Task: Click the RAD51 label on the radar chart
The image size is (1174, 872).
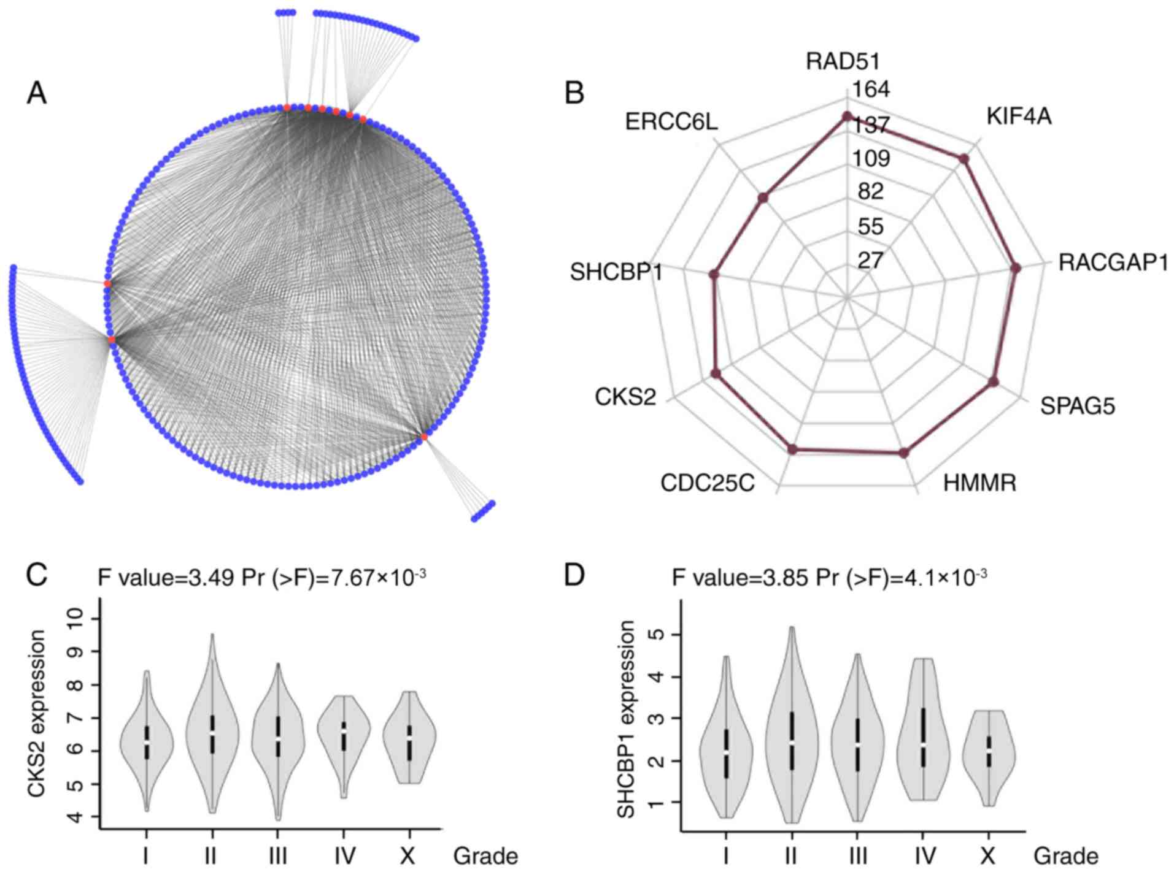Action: coord(843,61)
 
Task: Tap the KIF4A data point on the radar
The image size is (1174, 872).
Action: coord(964,159)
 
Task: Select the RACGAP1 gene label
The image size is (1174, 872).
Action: coord(1113,262)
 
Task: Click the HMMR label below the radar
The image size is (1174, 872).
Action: coord(979,483)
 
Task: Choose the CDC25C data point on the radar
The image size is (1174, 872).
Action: coord(792,449)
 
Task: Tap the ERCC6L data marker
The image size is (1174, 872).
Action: coord(763,197)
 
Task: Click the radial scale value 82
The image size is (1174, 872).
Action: coord(871,192)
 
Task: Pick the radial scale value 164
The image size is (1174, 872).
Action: coord(871,90)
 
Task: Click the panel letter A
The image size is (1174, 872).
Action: coord(36,94)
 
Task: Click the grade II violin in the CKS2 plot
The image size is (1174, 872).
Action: coord(212,724)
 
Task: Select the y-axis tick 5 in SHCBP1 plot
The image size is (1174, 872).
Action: coord(662,634)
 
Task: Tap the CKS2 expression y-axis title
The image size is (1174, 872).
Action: coord(37,713)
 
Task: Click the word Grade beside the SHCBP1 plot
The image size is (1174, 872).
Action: coord(1066,856)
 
